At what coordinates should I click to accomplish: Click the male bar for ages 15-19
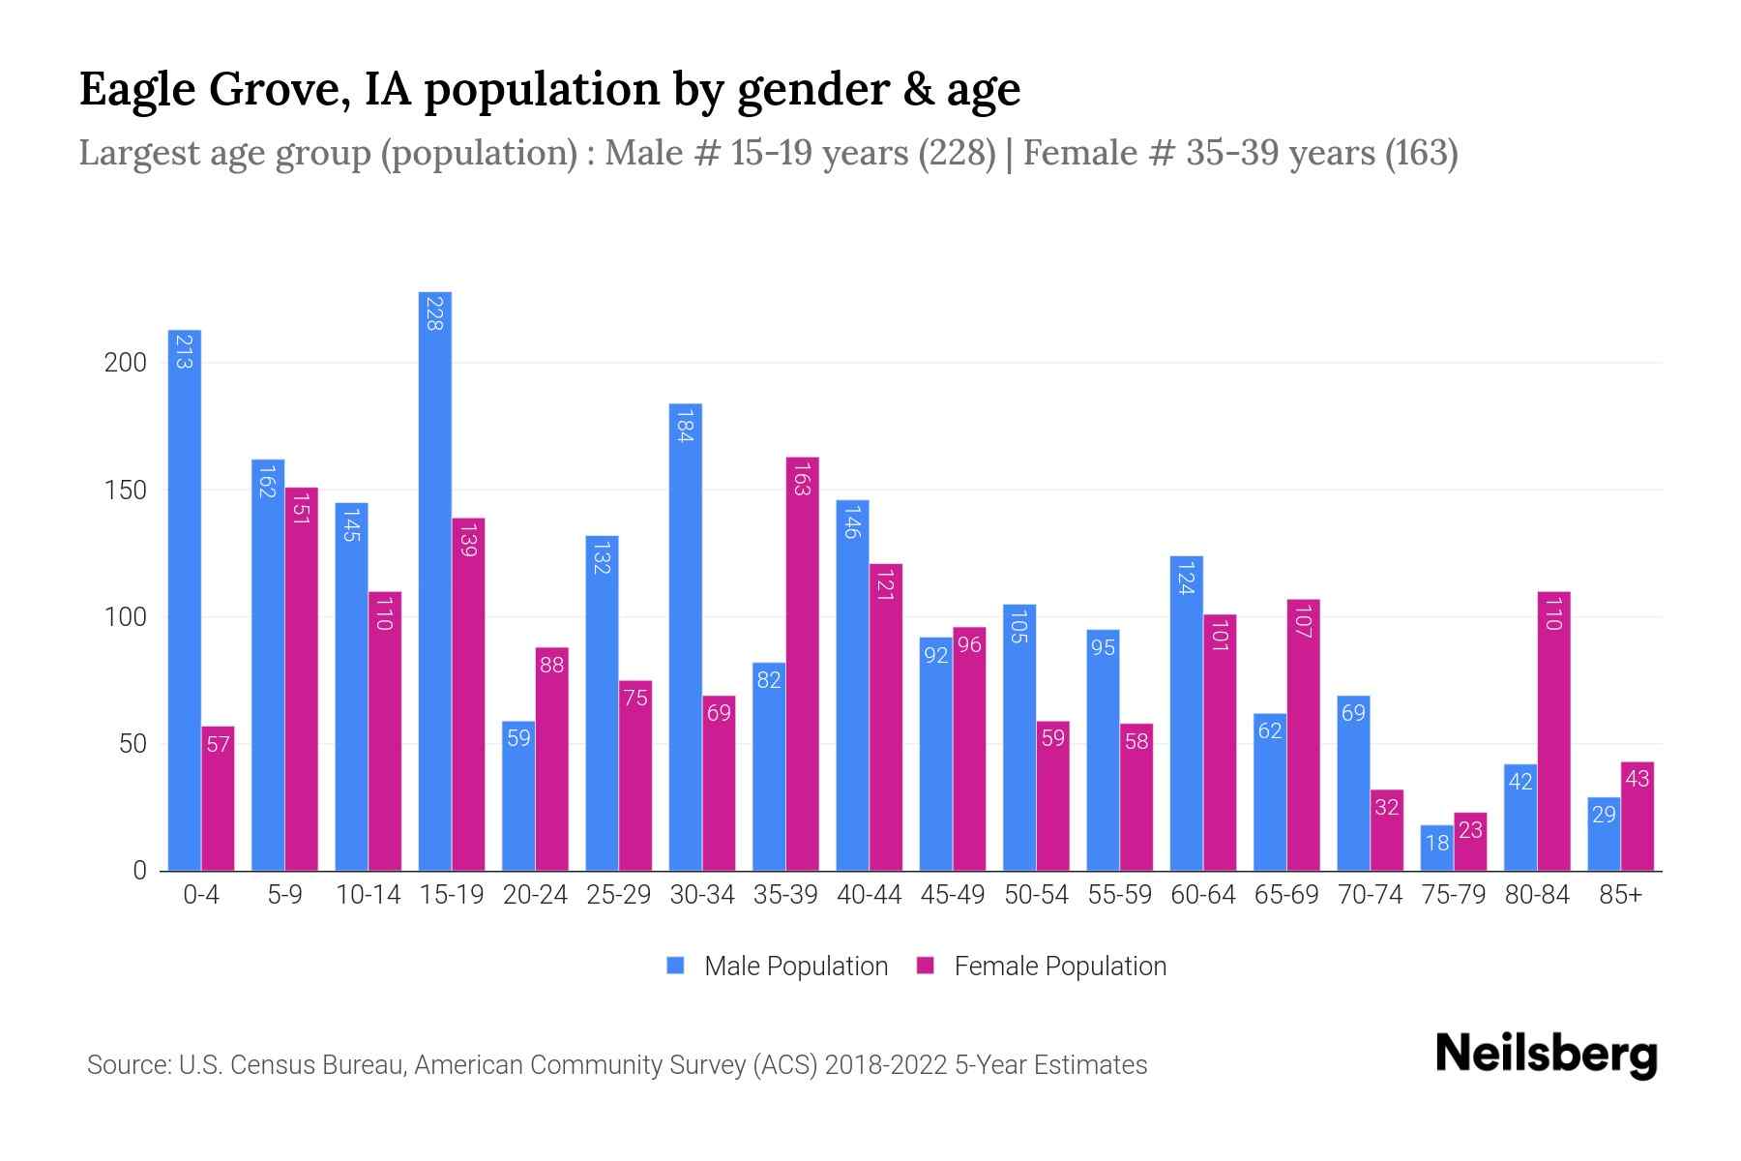(434, 580)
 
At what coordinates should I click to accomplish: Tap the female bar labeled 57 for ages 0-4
(219, 799)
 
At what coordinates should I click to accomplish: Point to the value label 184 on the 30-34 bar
(685, 427)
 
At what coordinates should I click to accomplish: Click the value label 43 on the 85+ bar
(1637, 779)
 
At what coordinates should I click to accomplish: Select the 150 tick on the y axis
(125, 491)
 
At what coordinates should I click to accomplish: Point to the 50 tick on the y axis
(132, 745)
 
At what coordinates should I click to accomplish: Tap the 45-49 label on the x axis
(952, 895)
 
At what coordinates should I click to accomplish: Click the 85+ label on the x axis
(1620, 895)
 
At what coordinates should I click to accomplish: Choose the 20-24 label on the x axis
(535, 895)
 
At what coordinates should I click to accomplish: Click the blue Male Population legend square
(676, 966)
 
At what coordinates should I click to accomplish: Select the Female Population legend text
(1059, 967)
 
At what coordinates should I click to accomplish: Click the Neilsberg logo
(1546, 1055)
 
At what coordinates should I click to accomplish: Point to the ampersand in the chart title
(909, 90)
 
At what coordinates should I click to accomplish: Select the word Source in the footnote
(126, 1065)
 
